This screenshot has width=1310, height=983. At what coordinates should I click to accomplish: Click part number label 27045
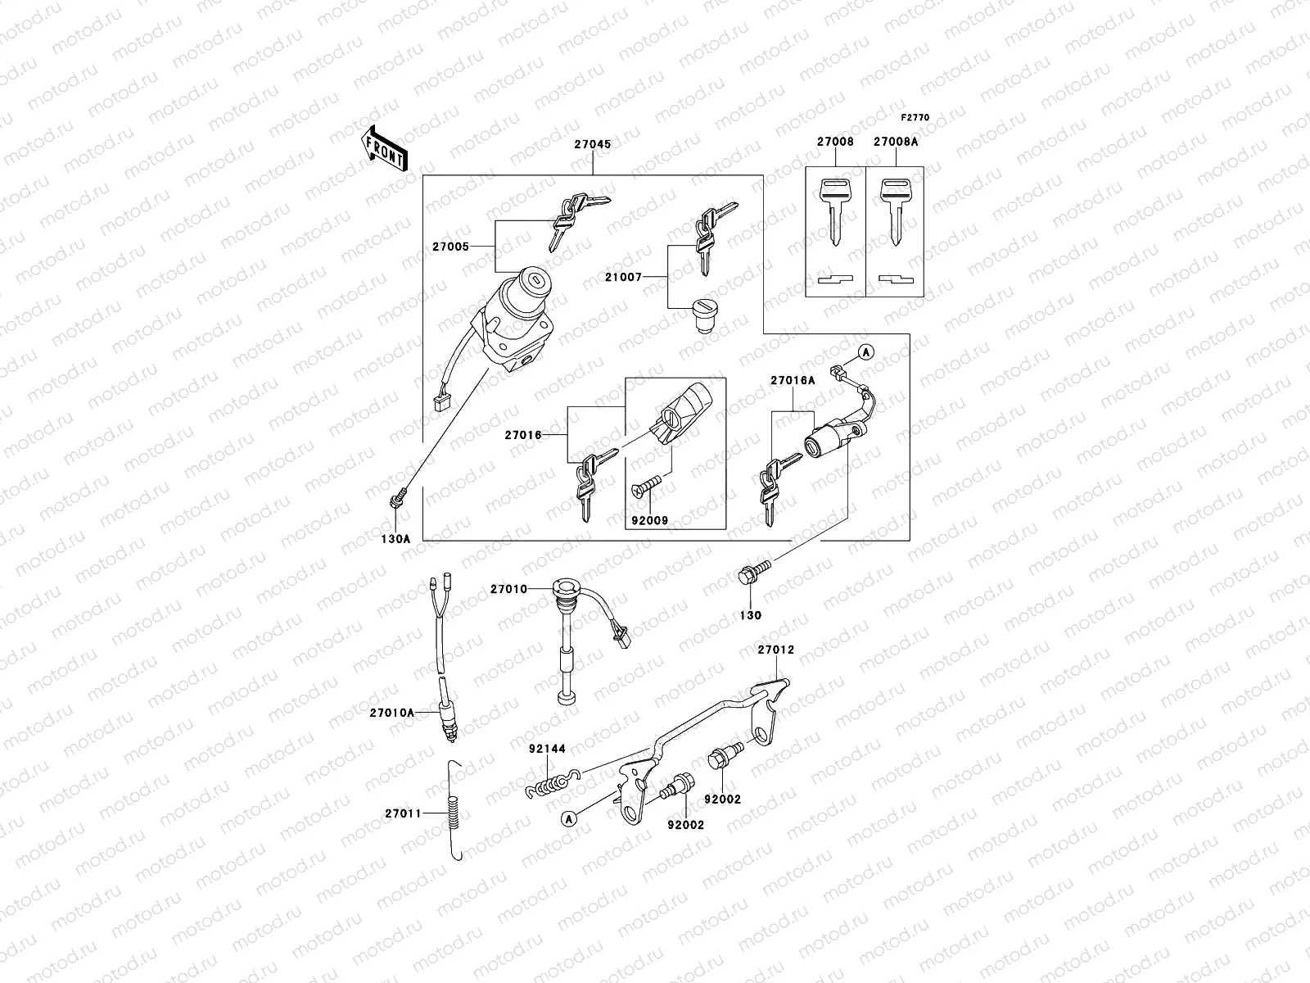tap(592, 143)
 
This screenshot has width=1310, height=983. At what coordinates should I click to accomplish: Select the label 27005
tap(452, 247)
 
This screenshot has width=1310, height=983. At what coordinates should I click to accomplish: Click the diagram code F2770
tap(916, 118)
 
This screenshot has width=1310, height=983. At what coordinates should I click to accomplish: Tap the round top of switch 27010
tap(563, 588)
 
